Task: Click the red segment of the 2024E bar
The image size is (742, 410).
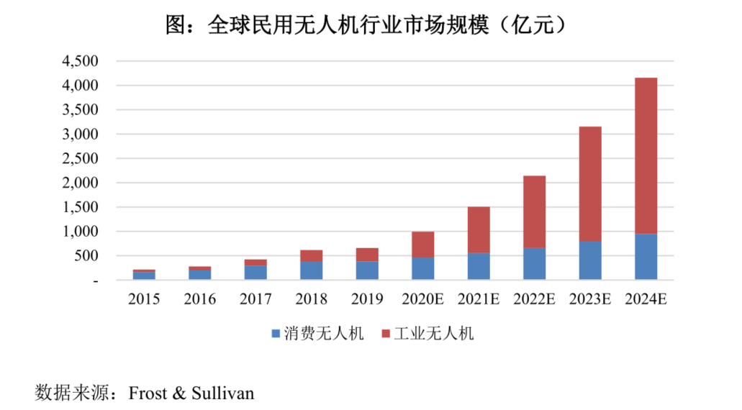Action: (646, 155)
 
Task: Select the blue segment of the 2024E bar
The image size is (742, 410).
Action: (646, 257)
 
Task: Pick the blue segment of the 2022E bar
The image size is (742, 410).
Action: (534, 264)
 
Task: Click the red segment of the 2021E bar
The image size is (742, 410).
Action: (479, 229)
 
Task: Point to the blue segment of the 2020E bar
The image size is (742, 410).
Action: (422, 268)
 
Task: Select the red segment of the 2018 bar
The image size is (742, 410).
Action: (312, 255)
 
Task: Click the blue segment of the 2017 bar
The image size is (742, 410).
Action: (255, 273)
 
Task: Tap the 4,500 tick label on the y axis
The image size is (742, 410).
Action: (80, 61)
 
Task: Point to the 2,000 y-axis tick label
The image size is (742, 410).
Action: (80, 183)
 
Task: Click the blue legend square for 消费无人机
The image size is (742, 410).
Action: (276, 334)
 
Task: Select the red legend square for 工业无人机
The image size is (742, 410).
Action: (385, 334)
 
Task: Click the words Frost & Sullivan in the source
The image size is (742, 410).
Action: (191, 393)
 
